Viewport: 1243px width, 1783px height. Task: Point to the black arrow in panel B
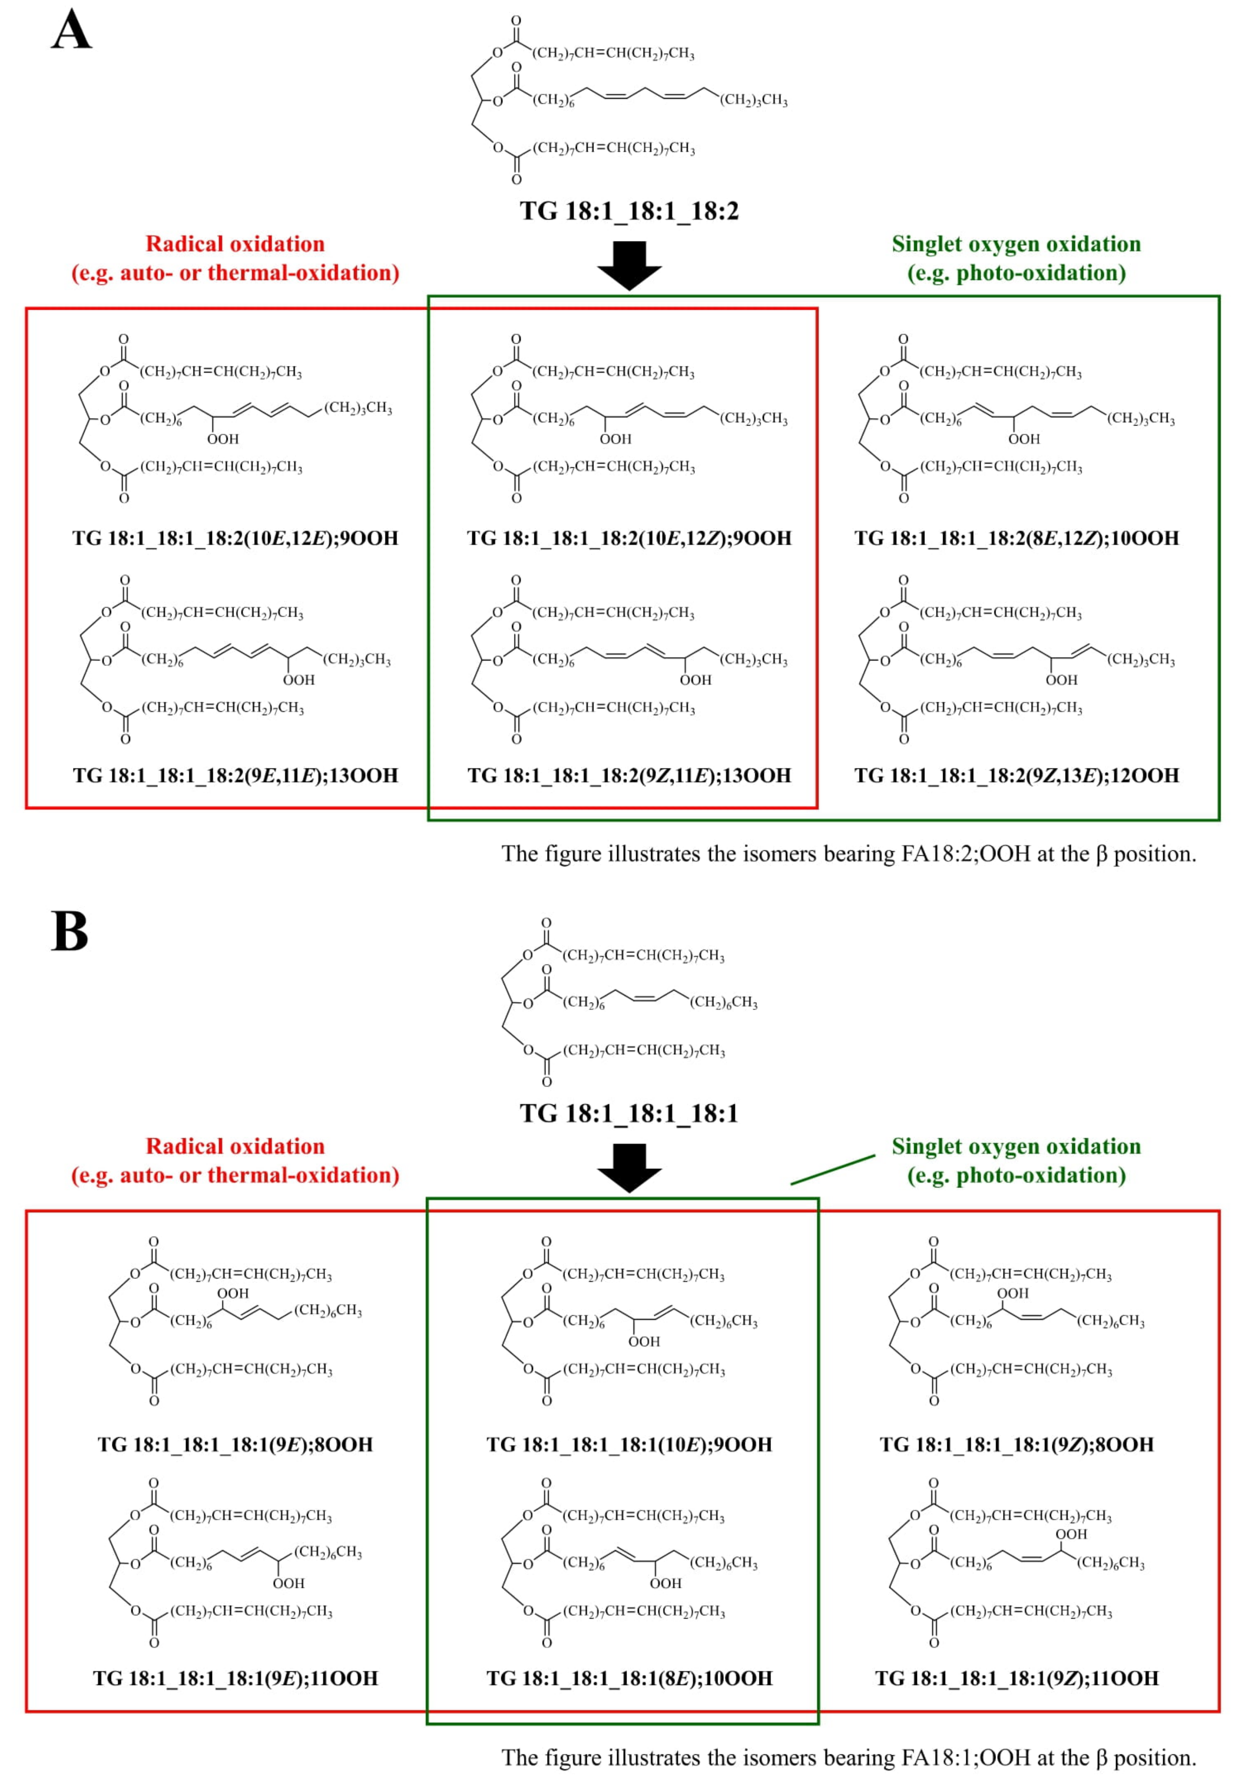tap(629, 1167)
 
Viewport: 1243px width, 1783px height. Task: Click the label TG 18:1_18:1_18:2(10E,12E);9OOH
tap(235, 538)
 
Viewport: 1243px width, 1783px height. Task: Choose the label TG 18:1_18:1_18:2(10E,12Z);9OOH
tap(629, 538)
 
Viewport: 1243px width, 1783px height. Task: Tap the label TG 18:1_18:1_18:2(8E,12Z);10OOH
tap(1016, 538)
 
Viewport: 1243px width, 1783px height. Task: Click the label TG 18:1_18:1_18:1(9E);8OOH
tap(235, 1445)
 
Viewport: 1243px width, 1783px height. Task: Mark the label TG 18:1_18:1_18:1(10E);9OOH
tap(629, 1445)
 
